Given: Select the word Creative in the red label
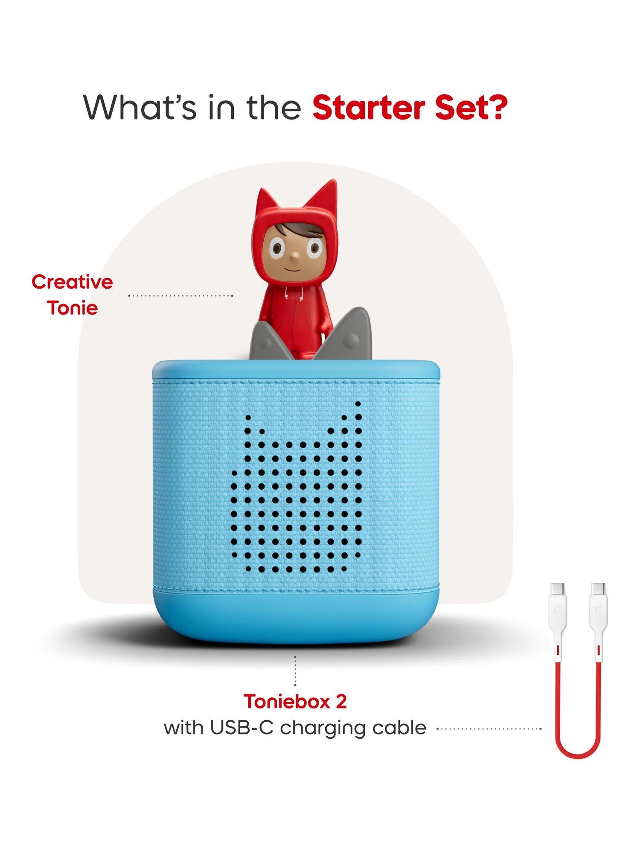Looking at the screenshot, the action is (x=72, y=282).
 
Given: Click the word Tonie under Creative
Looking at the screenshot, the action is (x=73, y=308).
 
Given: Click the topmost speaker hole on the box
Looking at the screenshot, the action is (x=358, y=404).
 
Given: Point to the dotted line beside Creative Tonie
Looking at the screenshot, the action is (x=181, y=295).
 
